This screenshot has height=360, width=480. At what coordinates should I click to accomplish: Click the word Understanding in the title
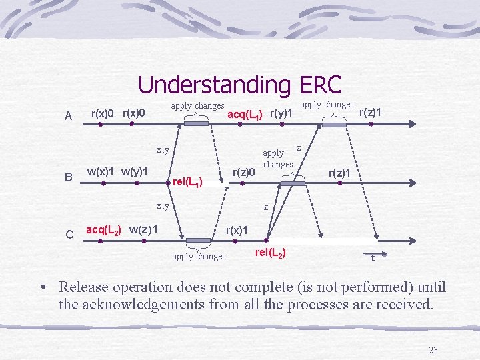[214, 85]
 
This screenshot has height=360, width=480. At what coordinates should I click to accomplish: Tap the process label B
[68, 177]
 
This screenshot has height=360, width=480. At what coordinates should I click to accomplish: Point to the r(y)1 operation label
[282, 113]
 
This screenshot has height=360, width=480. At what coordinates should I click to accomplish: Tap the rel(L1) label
[187, 181]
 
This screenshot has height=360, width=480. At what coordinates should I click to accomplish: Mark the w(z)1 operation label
[143, 229]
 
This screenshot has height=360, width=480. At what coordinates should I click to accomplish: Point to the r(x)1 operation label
[238, 230]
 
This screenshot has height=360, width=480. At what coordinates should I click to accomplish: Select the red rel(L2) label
[271, 252]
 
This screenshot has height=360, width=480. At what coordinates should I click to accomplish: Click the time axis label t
[372, 258]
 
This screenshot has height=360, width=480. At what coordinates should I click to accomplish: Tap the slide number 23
[433, 351]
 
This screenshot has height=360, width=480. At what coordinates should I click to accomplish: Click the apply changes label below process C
[199, 256]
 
